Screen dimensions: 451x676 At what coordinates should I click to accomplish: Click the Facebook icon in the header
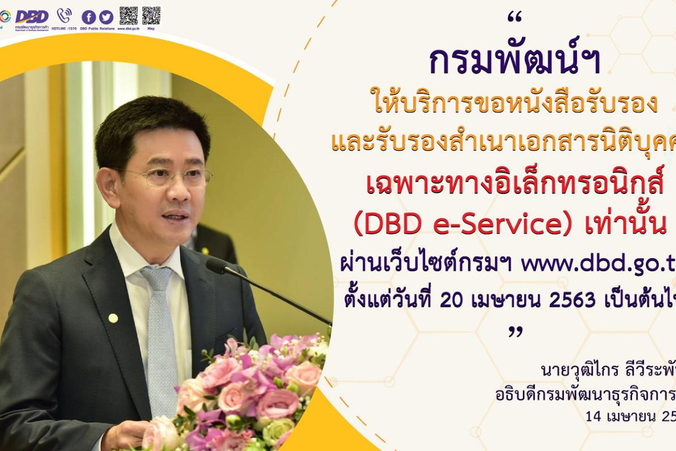coord(89,17)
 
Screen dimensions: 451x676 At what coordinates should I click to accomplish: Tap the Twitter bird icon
coord(106,17)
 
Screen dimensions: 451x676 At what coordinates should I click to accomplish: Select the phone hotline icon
coord(64,15)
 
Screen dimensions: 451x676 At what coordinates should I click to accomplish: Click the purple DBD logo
coord(32,17)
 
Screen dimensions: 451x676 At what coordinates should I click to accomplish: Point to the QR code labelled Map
coord(151,15)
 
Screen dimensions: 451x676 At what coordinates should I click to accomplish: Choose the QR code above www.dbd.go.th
coord(129,15)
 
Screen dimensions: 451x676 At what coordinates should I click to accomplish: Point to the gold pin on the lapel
coord(113,318)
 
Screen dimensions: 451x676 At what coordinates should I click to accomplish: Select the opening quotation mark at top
coord(514,18)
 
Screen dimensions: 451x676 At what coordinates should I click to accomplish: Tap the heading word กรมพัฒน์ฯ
coord(514,62)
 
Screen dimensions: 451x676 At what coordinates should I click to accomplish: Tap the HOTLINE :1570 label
coord(64,28)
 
